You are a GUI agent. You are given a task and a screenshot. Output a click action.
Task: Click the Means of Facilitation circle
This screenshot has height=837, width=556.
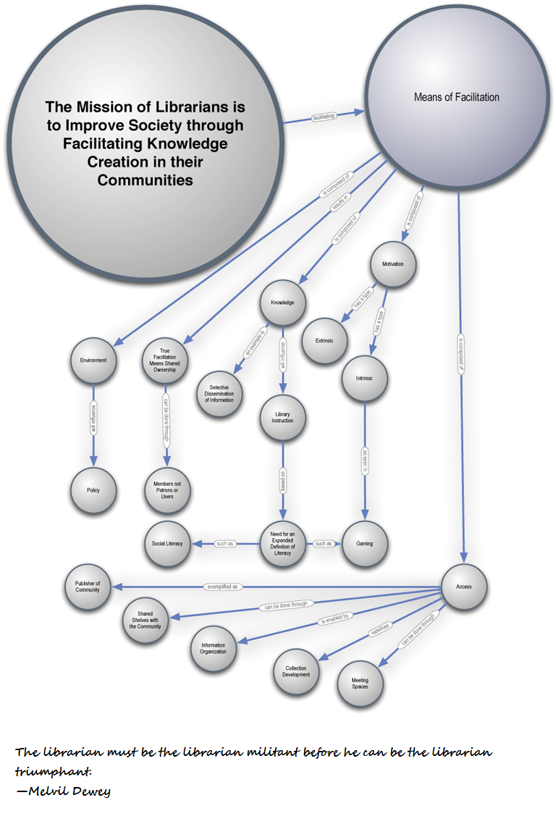click(456, 97)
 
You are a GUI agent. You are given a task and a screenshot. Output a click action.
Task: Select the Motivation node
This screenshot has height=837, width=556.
click(393, 264)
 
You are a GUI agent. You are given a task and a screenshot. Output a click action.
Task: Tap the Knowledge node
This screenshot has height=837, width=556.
click(282, 302)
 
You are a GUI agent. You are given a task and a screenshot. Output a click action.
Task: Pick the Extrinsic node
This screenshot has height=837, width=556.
click(324, 340)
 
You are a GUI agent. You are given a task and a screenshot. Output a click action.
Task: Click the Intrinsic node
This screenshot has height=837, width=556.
click(365, 378)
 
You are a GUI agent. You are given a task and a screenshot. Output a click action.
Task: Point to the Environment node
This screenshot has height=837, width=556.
click(93, 360)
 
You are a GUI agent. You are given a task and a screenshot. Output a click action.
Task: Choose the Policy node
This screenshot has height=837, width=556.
click(93, 490)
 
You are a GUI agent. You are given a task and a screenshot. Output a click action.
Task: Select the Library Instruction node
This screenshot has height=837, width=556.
click(282, 416)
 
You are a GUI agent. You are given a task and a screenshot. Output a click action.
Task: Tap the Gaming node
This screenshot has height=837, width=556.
click(364, 544)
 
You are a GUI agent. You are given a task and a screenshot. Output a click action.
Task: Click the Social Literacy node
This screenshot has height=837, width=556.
click(167, 544)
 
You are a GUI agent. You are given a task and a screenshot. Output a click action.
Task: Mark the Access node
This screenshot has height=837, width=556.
click(464, 586)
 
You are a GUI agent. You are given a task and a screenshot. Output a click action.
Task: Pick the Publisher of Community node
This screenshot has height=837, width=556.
click(88, 586)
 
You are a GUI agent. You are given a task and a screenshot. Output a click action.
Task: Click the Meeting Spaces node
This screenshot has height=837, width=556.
click(360, 684)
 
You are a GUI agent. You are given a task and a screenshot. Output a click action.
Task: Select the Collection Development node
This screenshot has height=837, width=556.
click(296, 672)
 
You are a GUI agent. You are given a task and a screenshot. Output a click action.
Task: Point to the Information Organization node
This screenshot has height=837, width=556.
click(213, 648)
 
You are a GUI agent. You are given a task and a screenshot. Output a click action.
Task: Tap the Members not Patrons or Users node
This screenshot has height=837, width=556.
click(167, 490)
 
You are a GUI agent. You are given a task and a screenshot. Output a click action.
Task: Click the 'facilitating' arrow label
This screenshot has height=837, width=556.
click(322, 116)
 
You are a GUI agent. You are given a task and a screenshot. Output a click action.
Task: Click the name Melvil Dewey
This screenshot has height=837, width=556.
click(69, 791)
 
